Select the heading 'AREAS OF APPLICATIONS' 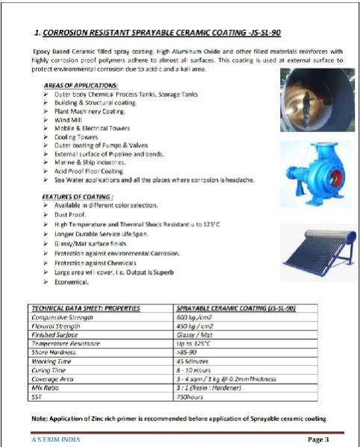pyautogui.click(x=81, y=87)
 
